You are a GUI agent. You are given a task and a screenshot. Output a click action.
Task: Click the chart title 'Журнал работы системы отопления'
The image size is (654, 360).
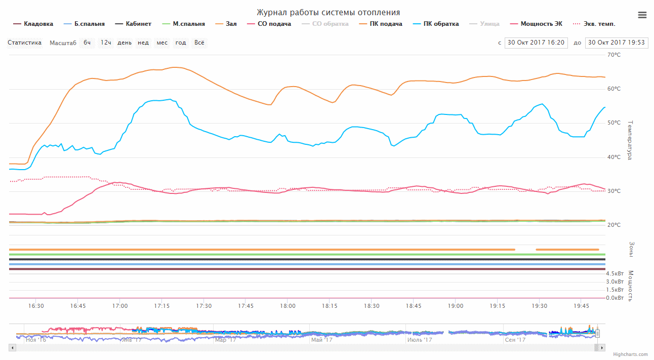point(328,13)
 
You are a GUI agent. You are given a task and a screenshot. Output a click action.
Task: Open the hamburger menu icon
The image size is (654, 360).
point(642,15)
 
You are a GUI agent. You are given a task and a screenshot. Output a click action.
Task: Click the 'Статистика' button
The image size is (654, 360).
point(24,43)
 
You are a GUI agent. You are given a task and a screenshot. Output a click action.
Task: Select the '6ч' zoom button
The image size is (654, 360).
point(87,43)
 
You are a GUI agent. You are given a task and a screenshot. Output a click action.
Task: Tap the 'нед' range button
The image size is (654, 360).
point(143,43)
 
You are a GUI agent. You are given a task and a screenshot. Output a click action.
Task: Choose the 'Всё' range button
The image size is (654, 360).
point(199,43)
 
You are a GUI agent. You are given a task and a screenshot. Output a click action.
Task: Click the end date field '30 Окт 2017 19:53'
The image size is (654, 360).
point(616,43)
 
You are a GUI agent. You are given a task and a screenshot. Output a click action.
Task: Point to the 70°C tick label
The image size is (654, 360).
point(614,55)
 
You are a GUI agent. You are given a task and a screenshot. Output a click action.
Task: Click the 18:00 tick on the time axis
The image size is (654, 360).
point(288,306)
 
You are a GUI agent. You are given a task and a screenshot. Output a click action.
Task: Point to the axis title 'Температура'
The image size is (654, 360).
point(630,140)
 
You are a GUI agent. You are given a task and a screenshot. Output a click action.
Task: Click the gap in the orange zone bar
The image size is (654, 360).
point(525,250)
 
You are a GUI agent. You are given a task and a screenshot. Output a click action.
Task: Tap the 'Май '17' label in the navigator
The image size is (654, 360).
point(322,340)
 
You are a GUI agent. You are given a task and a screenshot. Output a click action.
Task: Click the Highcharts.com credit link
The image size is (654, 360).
point(630,354)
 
